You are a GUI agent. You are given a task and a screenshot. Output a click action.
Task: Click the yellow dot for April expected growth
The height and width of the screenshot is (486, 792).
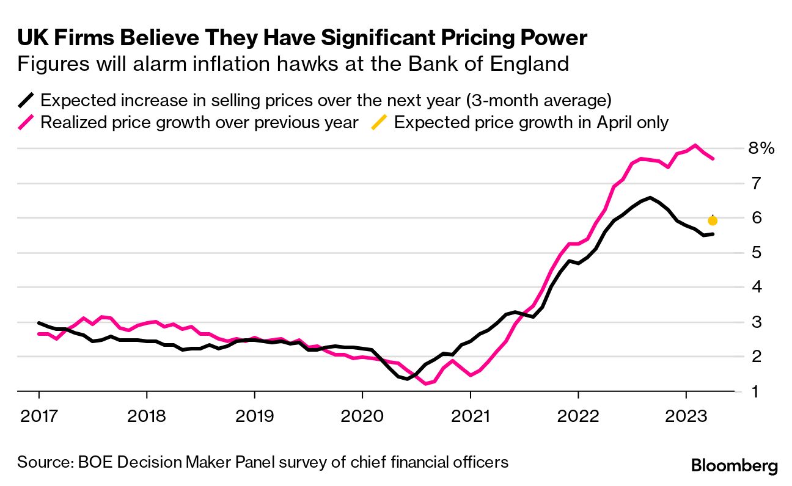click(713, 220)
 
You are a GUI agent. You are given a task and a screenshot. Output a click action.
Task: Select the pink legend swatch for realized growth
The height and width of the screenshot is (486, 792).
click(27, 122)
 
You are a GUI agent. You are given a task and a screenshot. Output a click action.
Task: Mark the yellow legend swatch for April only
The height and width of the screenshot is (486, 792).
click(381, 122)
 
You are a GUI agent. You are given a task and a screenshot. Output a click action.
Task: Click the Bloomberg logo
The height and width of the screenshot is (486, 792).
click(735, 466)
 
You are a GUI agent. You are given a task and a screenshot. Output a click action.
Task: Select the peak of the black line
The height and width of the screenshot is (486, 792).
click(650, 197)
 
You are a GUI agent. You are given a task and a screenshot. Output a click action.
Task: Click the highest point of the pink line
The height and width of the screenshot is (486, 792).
click(695, 145)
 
